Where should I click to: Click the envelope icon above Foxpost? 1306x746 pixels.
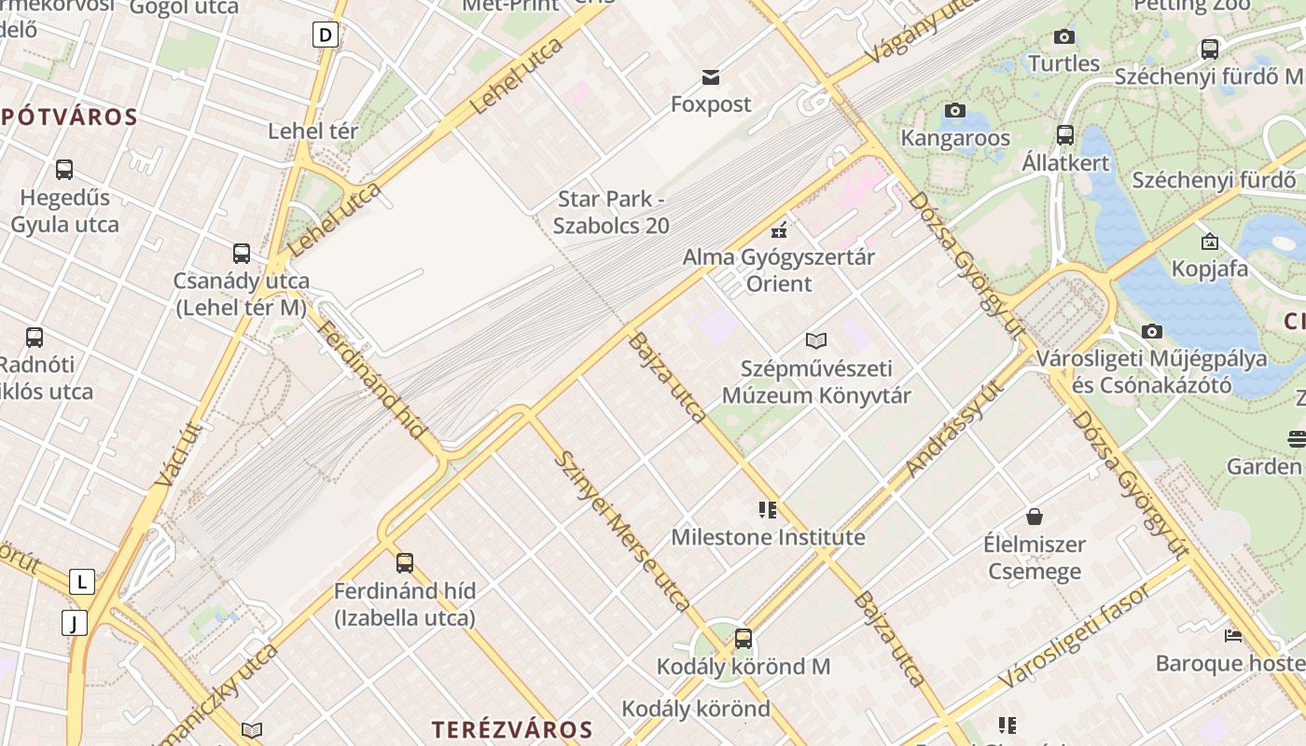711,76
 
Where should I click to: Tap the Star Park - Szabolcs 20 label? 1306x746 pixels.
611,212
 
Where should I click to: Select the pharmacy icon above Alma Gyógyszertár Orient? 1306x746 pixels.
779,229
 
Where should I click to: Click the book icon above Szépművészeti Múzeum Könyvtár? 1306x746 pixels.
816,341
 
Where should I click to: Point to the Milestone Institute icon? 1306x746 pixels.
768,510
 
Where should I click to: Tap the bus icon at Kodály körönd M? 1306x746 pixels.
743,639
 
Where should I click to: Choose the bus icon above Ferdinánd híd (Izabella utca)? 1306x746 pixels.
404,562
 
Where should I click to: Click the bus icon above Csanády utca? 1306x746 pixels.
242,253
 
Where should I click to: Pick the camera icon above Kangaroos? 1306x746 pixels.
954,111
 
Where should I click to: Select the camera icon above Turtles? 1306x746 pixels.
1063,37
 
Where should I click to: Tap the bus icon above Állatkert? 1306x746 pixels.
1065,135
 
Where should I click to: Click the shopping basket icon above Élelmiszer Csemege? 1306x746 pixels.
1034,517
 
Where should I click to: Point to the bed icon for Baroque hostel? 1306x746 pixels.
1233,636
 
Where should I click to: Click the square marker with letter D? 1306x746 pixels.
325,35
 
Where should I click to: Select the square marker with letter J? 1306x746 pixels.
75,623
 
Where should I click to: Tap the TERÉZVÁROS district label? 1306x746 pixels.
512,729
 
